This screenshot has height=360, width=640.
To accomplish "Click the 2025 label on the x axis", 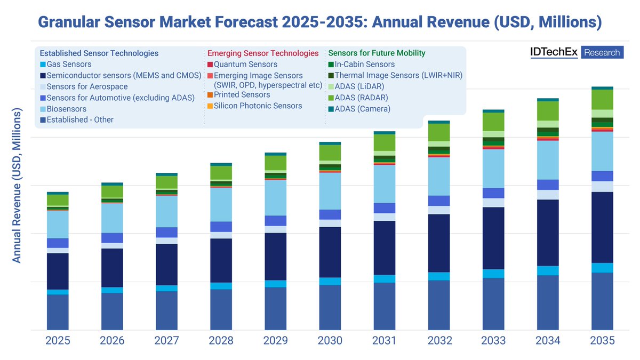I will tap(58, 341).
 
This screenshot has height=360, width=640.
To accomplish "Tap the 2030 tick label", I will tap(330, 341).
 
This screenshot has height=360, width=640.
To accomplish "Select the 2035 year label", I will tap(602, 341).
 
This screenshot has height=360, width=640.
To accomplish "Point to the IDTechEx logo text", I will tap(554, 52).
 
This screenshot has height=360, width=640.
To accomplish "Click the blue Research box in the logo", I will tap(602, 52).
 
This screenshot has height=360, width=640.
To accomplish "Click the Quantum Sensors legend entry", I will tap(245, 65).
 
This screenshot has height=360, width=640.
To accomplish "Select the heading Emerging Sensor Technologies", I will tap(262, 53).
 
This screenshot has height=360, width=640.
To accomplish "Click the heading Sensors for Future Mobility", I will tap(377, 53).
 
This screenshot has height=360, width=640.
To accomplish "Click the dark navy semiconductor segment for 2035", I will tap(602, 227).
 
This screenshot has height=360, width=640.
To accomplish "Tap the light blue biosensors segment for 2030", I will tap(330, 191).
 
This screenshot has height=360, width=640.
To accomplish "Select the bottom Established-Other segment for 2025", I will tap(58, 312).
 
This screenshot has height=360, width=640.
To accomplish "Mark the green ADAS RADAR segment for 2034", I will tap(548, 111).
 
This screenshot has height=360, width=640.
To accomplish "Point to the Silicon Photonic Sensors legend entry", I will tap(258, 106).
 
